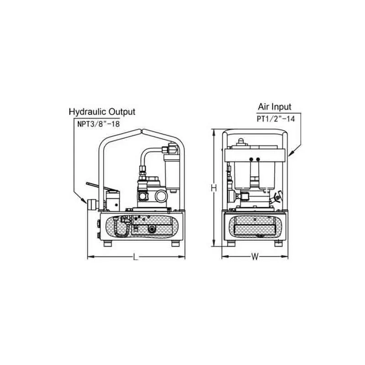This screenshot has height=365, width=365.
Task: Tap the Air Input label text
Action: point(275,107)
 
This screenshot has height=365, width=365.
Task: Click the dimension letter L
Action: point(136,257)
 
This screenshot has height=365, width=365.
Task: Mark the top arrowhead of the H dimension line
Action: point(214,132)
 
